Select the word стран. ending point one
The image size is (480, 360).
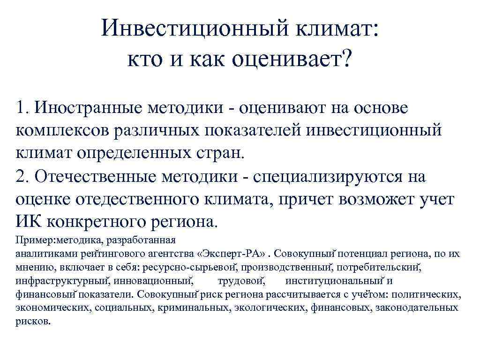click(x=219, y=153)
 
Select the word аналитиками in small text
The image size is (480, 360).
click(x=42, y=254)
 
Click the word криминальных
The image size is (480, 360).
click(x=197, y=308)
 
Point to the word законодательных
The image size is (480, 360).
click(x=420, y=308)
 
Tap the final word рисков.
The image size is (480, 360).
click(x=32, y=322)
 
